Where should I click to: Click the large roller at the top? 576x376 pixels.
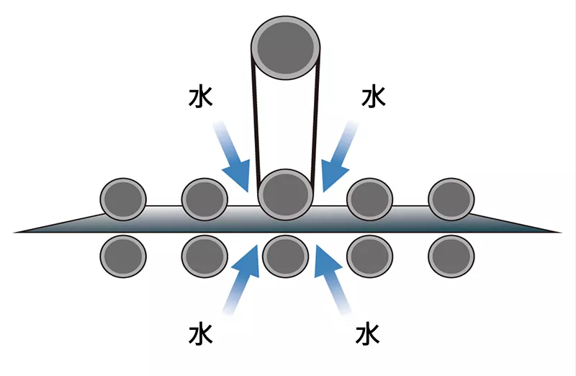click(x=285, y=48)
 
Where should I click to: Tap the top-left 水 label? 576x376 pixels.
click(x=201, y=97)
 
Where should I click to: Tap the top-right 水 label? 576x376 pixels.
click(x=373, y=97)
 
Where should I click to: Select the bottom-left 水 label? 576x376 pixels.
click(x=201, y=334)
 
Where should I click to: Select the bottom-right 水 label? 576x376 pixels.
click(x=367, y=334)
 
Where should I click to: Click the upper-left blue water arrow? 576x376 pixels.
click(x=232, y=156)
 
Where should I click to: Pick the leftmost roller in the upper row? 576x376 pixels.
click(x=123, y=200)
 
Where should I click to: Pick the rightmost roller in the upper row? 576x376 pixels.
click(x=451, y=200)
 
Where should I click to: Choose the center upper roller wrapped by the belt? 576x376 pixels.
click(x=285, y=194)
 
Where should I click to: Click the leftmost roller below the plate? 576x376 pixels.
click(x=123, y=256)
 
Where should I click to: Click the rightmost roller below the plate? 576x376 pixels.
click(x=451, y=256)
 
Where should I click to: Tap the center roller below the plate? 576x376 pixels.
click(x=285, y=256)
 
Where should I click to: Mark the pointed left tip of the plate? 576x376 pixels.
click(x=14, y=232)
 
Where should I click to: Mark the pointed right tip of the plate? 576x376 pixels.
click(x=562, y=232)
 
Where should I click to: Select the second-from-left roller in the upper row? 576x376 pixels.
click(x=204, y=200)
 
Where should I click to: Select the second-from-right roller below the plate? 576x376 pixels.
click(x=369, y=256)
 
